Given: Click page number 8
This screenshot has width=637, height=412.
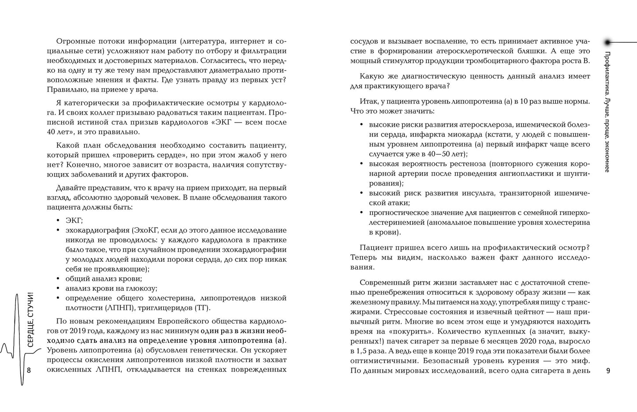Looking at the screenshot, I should tap(29, 370).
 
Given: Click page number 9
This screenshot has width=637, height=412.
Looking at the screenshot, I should tap(608, 371).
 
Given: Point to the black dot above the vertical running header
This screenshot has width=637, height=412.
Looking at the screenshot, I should tap(607, 42).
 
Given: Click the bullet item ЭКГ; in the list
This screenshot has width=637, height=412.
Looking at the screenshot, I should tap(74, 220).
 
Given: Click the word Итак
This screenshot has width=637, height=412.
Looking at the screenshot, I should tap(369, 101).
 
